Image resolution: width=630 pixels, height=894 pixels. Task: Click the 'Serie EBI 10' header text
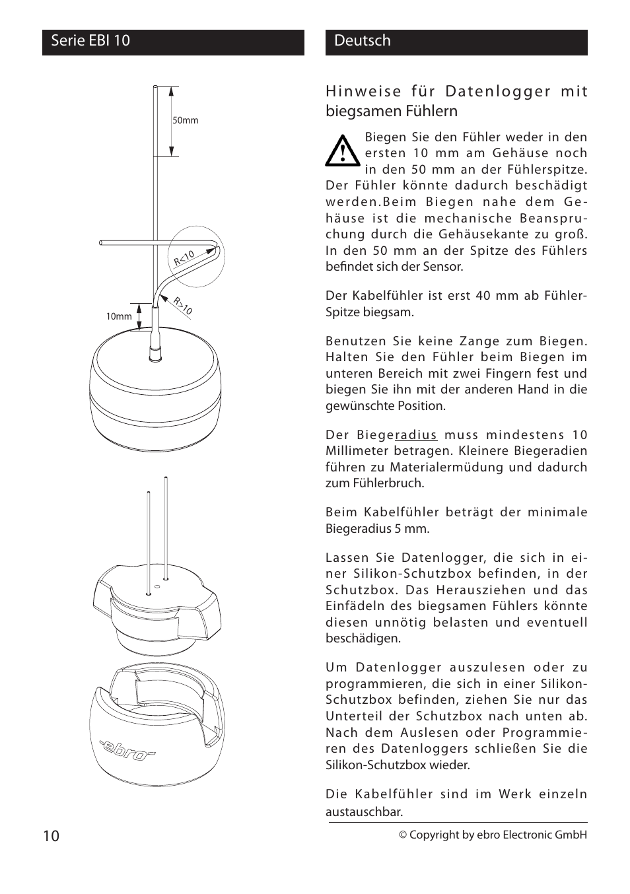[90, 41]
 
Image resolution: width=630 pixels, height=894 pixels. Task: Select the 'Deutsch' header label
[363, 41]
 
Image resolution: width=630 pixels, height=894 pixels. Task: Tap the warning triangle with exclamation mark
[342, 152]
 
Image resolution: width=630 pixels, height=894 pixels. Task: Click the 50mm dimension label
[185, 121]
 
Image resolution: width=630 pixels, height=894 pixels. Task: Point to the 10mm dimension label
[119, 316]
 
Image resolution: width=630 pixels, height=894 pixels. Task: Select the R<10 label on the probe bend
[184, 259]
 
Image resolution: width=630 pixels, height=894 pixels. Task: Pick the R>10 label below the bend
[183, 306]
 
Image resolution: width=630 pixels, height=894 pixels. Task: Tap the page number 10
[51, 836]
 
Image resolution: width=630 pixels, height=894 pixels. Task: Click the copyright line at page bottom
[492, 835]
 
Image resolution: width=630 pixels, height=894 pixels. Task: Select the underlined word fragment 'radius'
[416, 435]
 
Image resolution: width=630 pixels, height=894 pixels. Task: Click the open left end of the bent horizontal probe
[101, 243]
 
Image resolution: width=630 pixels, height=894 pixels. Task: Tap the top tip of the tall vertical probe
[155, 87]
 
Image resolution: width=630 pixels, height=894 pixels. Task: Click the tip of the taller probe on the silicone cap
[165, 479]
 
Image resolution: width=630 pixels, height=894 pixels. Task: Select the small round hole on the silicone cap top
[157, 586]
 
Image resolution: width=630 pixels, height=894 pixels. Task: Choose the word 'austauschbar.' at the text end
[364, 811]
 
